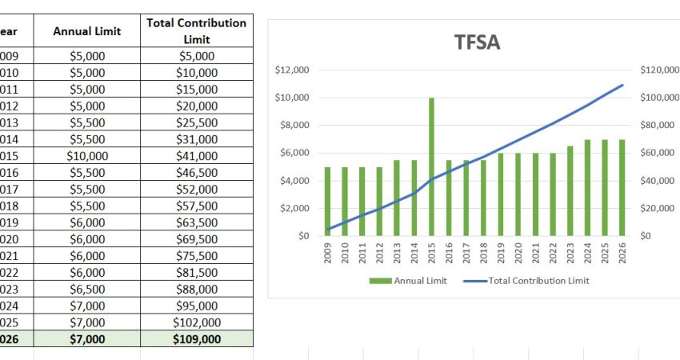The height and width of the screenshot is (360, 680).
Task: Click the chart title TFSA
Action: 477,42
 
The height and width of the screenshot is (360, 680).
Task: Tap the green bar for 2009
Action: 327,201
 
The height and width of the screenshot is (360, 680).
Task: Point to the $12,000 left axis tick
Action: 291,70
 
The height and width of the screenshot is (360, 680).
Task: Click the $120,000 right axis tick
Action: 659,70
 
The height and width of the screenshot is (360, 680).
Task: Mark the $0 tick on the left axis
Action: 302,236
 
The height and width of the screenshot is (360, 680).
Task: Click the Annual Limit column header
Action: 87,31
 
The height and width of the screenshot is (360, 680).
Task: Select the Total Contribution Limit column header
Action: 196,31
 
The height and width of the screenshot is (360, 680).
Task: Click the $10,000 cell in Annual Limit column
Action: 87,156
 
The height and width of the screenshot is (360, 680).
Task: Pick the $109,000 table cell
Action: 196,339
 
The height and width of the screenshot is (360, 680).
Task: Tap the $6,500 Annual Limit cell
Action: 87,290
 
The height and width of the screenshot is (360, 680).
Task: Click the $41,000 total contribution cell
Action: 196,156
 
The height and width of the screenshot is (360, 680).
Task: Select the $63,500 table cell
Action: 196,222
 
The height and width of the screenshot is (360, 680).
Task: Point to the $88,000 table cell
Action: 196,290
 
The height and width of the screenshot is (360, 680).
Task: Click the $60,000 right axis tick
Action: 658,153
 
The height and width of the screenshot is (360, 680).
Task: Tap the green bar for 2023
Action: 570,191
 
